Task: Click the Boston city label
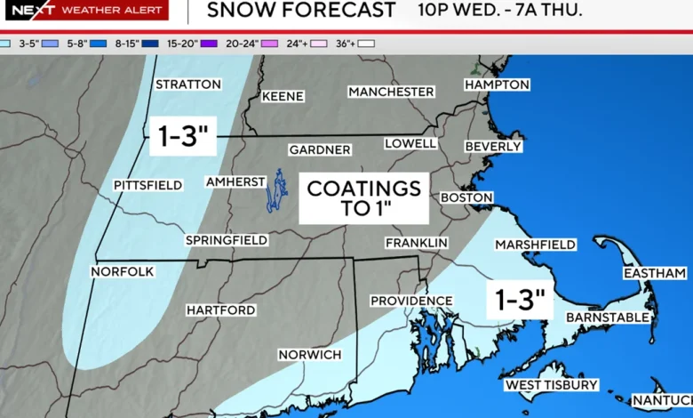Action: [466, 197]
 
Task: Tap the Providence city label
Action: [405, 301]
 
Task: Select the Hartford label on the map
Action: [220, 309]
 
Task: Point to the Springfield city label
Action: [227, 240]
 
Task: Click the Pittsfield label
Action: [147, 185]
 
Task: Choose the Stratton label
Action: [187, 84]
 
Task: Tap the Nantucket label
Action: [663, 401]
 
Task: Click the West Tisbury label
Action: [551, 385]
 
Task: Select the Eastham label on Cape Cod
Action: [654, 273]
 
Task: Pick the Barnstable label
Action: [608, 317]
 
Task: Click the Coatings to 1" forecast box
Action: [363, 197]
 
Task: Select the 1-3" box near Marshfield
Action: [520, 300]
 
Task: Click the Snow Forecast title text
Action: [300, 11]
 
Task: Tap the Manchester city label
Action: [391, 92]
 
